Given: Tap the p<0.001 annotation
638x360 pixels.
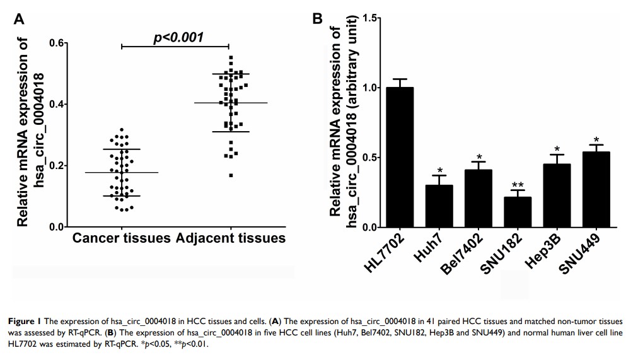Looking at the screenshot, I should [178, 37].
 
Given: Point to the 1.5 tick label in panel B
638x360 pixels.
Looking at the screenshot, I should [362, 18].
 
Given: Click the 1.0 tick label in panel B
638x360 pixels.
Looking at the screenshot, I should [362, 88].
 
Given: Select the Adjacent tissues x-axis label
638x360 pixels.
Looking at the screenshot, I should [231, 238].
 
